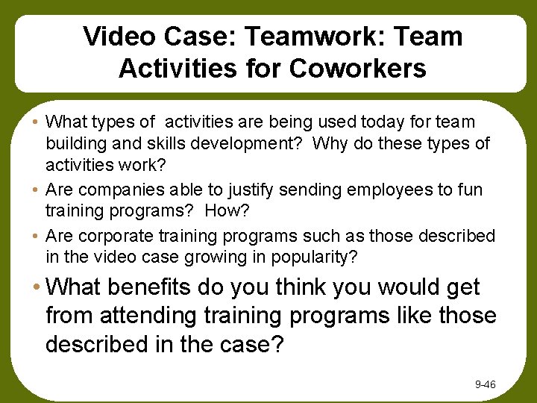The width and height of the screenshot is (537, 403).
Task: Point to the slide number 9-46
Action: tap(485, 385)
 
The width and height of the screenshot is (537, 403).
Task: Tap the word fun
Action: tap(471, 190)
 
